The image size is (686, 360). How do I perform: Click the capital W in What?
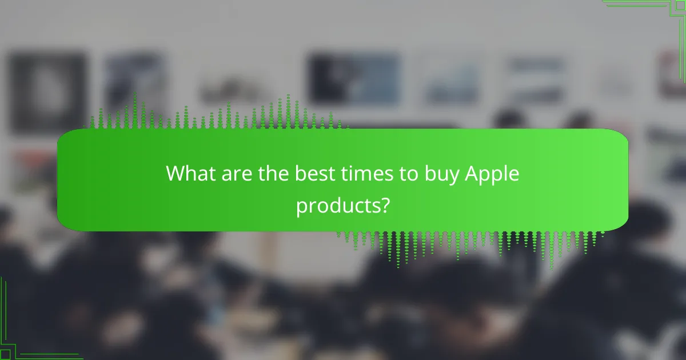(175, 174)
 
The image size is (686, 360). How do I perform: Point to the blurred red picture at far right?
(672, 74)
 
